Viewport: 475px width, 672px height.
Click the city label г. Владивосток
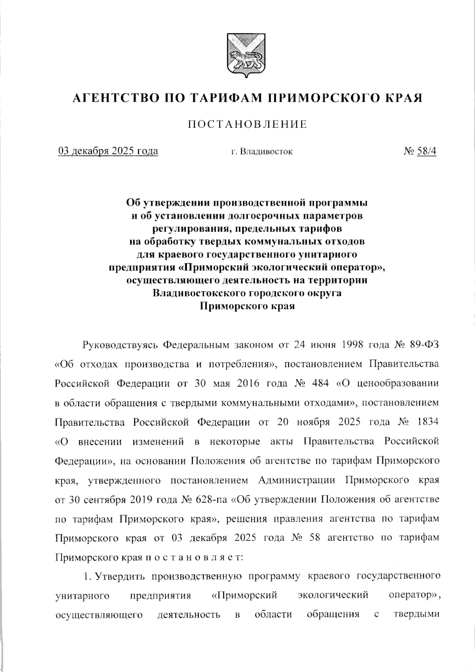click(x=262, y=151)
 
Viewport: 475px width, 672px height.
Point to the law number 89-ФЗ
click(x=425, y=345)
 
